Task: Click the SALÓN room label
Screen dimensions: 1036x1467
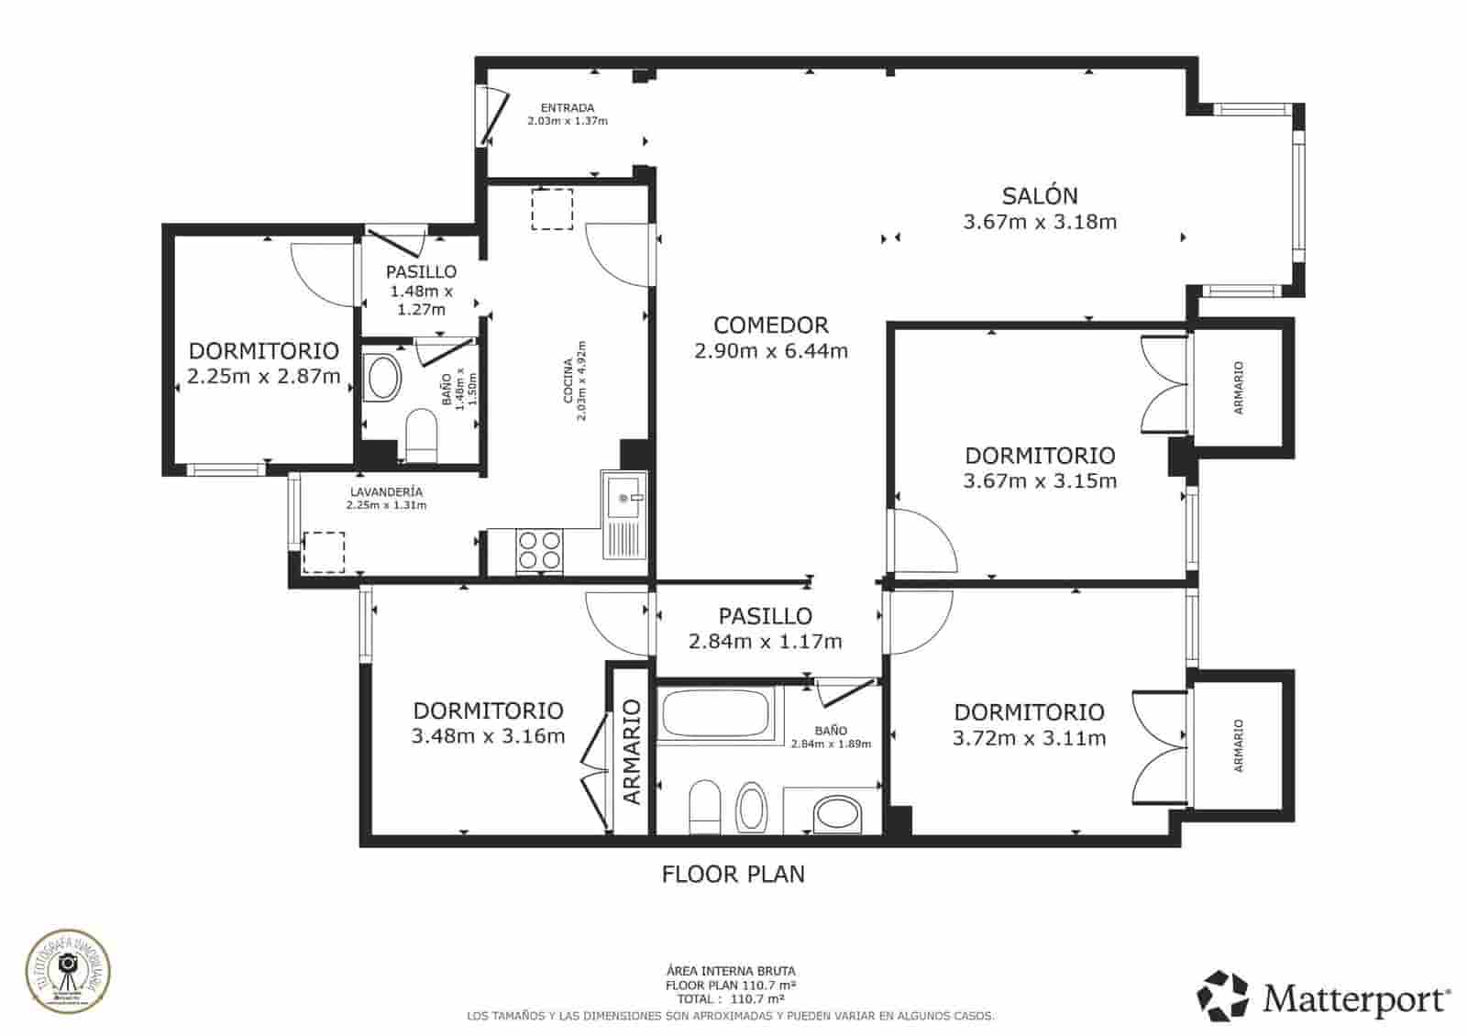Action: coord(1039,195)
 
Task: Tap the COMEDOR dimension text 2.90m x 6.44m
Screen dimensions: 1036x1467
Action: coord(770,350)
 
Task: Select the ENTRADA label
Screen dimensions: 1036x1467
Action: coord(567,107)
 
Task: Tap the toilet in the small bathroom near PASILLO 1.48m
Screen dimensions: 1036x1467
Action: coord(421,436)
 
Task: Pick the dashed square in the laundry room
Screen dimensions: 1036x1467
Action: coord(324,552)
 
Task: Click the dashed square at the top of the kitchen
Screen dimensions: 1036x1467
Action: coord(552,209)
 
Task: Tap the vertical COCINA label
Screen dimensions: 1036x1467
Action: coord(568,380)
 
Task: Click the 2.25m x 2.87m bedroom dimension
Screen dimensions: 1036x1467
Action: coord(263,376)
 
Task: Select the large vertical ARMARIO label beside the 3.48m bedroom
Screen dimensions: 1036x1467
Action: coord(632,751)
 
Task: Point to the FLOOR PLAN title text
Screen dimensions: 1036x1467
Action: coord(733,874)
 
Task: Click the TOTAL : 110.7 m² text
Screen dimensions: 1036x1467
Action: coord(730,998)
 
